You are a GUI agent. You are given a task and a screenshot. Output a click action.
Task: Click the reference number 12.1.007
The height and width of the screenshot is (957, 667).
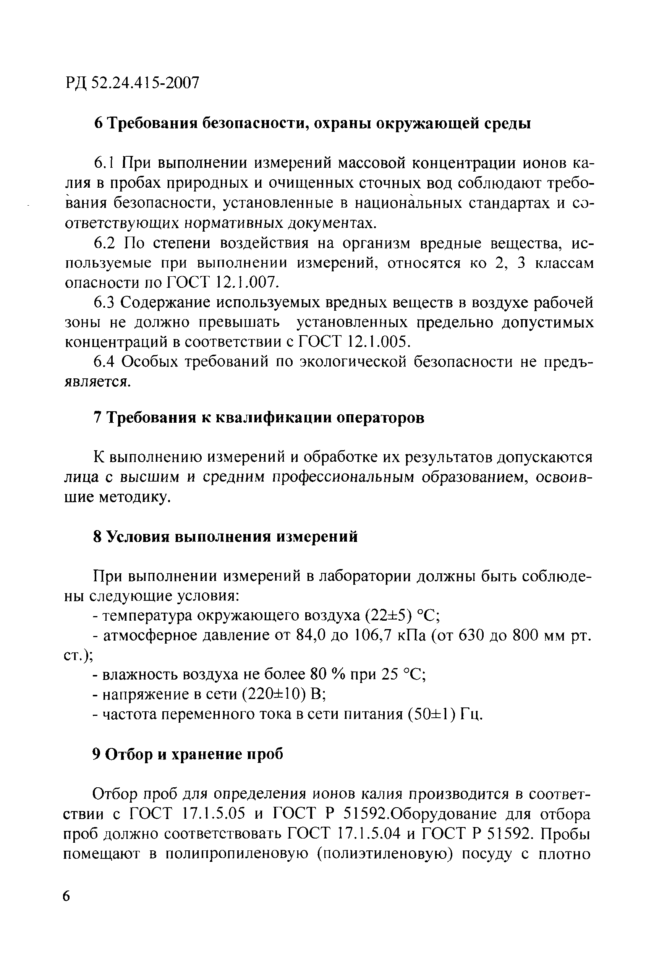point(247,283)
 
